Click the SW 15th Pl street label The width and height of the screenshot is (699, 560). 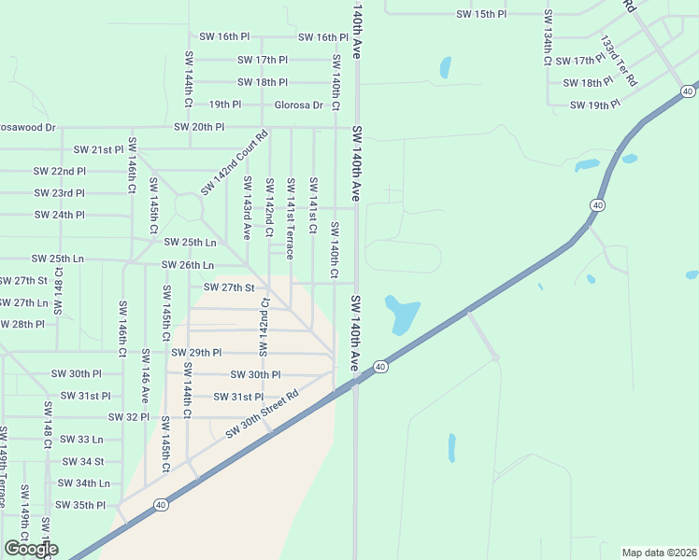pyautogui.click(x=480, y=15)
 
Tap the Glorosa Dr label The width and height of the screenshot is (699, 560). pyautogui.click(x=298, y=105)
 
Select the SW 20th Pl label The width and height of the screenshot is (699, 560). pyautogui.click(x=199, y=127)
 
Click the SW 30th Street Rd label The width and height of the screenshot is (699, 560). pyautogui.click(x=262, y=413)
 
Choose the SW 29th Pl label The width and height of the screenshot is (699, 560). pyautogui.click(x=196, y=353)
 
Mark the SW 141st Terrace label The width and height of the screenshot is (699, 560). pyautogui.click(x=291, y=218)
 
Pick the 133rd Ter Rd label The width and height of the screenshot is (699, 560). pyautogui.click(x=618, y=62)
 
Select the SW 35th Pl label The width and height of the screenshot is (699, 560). pyautogui.click(x=80, y=505)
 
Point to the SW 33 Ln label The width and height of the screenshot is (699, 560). pyautogui.click(x=81, y=440)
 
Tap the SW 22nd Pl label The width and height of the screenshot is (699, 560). pyautogui.click(x=59, y=172)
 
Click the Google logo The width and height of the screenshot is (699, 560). pyautogui.click(x=31, y=549)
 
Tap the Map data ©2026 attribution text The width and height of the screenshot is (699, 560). pyautogui.click(x=658, y=553)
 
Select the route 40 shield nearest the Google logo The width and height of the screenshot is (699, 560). pyautogui.click(x=162, y=505)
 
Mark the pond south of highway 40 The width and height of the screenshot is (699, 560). pyautogui.click(x=451, y=448)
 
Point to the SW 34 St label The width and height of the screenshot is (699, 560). pyautogui.click(x=83, y=461)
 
